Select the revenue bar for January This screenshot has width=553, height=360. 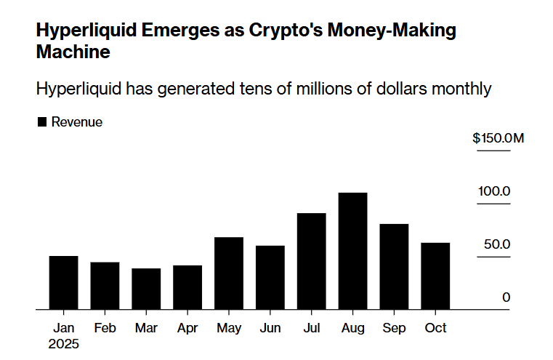(63, 283)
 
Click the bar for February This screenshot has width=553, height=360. (105, 286)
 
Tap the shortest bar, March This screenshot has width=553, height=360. (146, 289)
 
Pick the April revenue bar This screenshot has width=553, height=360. (187, 287)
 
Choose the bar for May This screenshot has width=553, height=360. (229, 273)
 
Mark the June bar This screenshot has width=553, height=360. (270, 278)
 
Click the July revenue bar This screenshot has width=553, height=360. (312, 261)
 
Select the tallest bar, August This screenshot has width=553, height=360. (353, 251)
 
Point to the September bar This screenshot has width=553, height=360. (394, 267)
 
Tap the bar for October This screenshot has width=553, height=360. (435, 276)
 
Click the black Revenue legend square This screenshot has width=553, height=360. (41, 122)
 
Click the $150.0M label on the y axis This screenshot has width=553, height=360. (497, 138)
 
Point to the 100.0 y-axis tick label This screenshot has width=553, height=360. (494, 191)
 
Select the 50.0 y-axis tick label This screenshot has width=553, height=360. (497, 244)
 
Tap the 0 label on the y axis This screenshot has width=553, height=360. (506, 297)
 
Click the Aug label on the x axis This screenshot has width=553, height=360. (353, 328)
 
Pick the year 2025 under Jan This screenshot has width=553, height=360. (63, 344)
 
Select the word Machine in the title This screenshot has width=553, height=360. (73, 52)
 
